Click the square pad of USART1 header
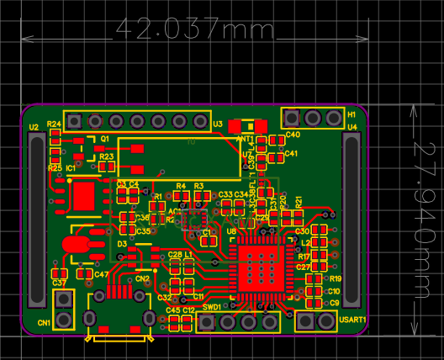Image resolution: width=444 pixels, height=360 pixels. pos(305,320)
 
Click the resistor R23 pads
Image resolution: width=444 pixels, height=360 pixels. pos(106,166)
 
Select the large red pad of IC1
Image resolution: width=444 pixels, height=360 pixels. pos(84,197)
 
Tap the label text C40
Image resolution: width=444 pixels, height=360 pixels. pos(293,135)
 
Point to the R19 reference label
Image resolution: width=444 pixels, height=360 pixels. pos(335,278)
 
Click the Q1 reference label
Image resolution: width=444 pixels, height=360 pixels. pos(105,138)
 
